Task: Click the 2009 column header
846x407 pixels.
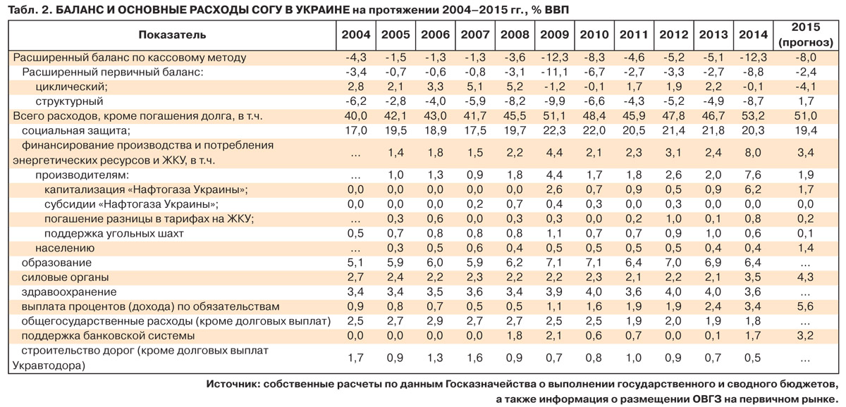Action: coord(553,35)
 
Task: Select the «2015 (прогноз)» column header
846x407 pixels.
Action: coord(805,35)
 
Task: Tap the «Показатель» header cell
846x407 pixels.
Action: coord(172,35)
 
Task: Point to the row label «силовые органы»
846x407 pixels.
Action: coord(65,277)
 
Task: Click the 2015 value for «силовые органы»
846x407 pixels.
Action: coord(805,277)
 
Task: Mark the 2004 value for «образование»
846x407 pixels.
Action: coord(355,263)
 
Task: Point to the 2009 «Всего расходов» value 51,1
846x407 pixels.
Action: coord(553,116)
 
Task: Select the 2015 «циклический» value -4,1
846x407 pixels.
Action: coord(805,87)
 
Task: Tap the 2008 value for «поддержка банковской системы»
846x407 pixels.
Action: coord(513,336)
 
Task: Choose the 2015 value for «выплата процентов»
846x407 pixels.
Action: coord(805,307)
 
